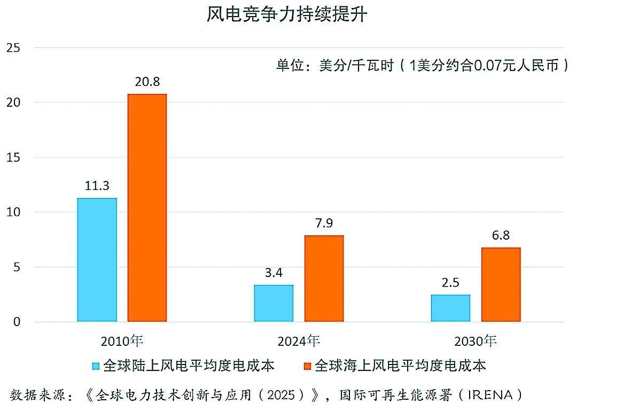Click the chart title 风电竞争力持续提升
tap(287, 14)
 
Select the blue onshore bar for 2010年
tap(97, 260)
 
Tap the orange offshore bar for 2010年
tap(147, 208)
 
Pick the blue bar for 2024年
tap(274, 303)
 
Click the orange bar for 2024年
tap(324, 279)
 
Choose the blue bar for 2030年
tap(450, 308)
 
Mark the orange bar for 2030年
tap(501, 284)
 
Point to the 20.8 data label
tap(147, 82)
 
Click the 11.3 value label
tap(97, 186)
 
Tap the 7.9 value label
tap(324, 223)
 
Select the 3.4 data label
tap(274, 273)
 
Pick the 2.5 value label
tap(450, 282)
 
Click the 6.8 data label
tap(501, 235)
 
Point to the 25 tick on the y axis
tap(13, 47)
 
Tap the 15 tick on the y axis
tap(13, 157)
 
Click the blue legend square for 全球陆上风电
tap(96, 366)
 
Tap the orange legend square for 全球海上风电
tap(307, 366)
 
